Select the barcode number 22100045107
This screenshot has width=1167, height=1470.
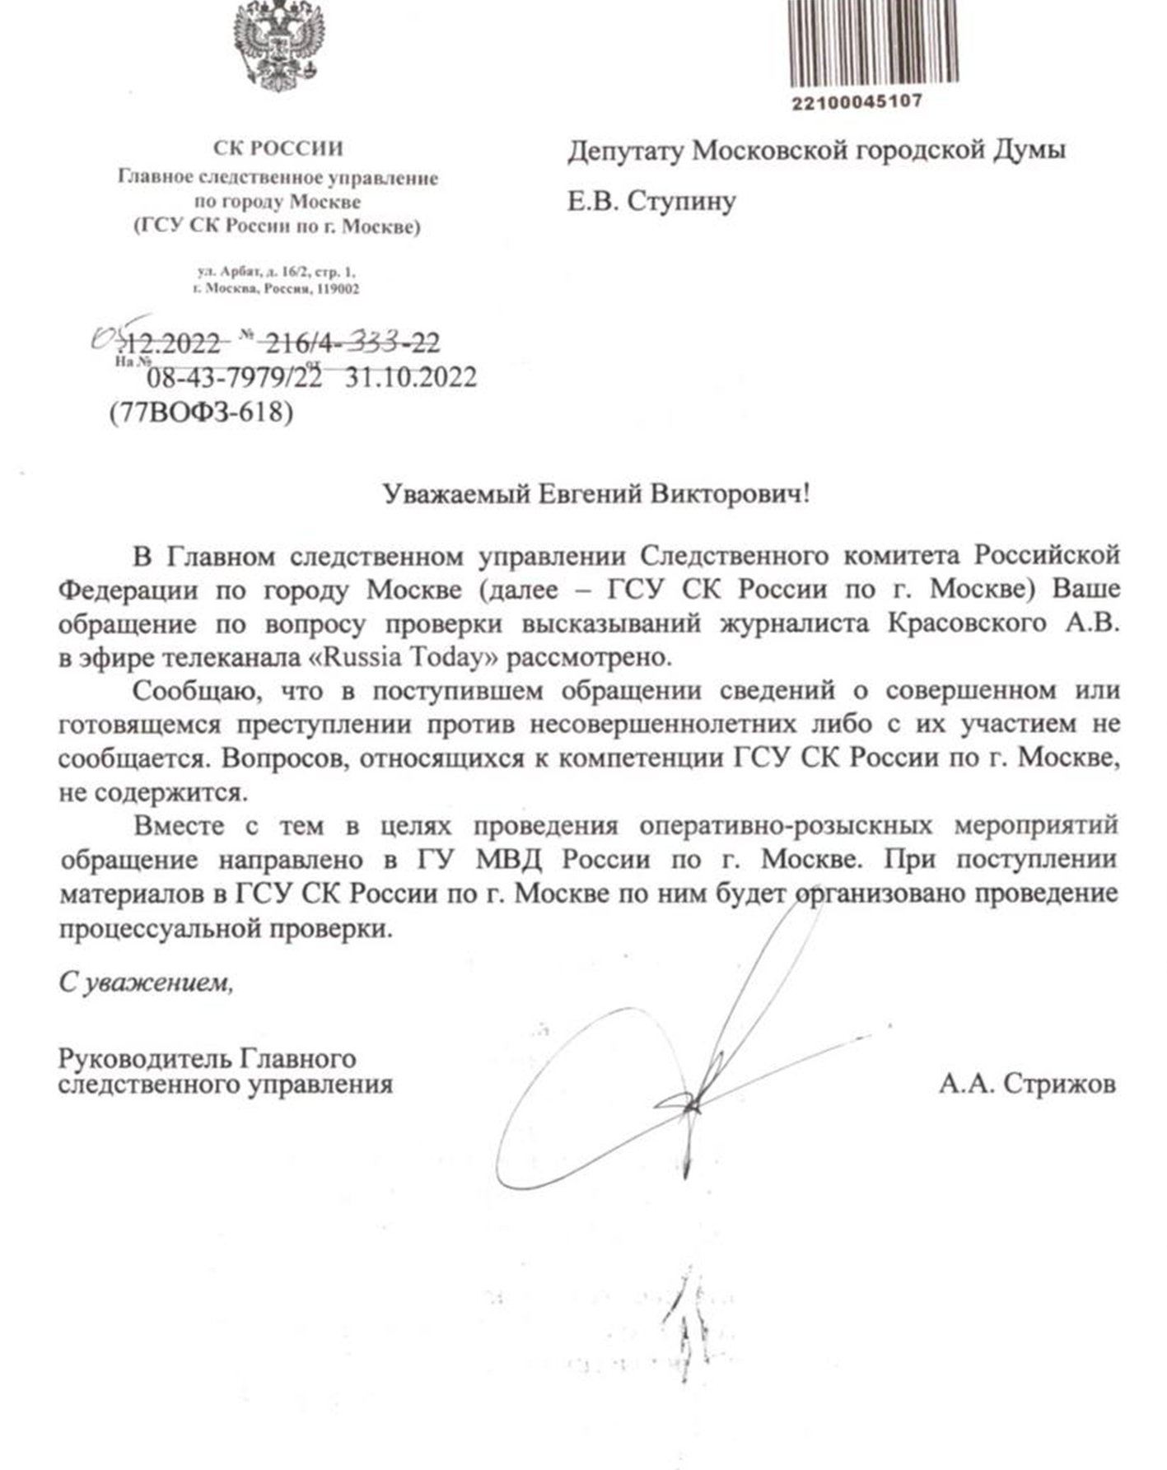click(857, 102)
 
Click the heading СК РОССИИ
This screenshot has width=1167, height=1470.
click(278, 149)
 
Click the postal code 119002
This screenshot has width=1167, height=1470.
click(338, 289)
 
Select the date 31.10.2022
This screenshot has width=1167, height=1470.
click(411, 376)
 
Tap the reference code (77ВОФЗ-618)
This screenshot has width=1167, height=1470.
click(201, 412)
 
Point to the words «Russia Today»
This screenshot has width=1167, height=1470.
click(421, 658)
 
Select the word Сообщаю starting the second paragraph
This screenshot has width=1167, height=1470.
click(194, 691)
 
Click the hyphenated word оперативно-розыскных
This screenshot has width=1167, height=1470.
click(790, 825)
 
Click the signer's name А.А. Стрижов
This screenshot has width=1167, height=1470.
click(1026, 1084)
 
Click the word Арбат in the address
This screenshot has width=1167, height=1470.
click(235, 272)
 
